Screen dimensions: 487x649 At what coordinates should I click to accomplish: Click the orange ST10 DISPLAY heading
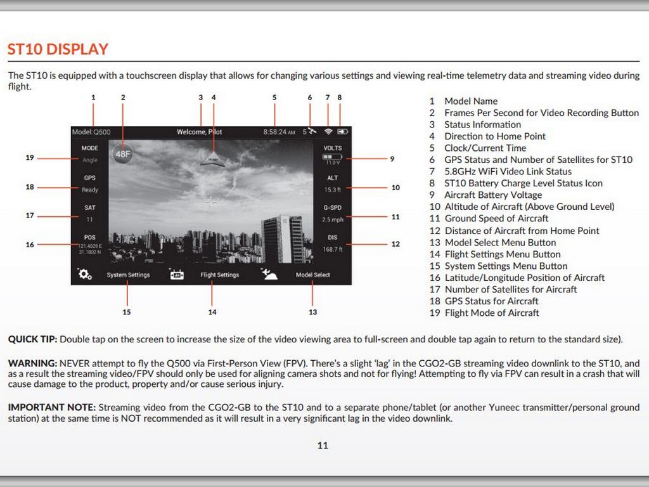(58, 49)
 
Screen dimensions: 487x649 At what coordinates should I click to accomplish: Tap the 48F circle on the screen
(123, 153)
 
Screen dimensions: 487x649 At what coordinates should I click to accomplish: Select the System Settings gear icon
(84, 275)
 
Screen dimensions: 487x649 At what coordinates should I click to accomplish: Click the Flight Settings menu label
(220, 275)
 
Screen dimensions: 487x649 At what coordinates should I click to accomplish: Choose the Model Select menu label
(313, 275)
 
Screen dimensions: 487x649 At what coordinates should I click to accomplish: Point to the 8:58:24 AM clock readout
(279, 132)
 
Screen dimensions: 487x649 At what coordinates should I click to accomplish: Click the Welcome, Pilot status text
(199, 132)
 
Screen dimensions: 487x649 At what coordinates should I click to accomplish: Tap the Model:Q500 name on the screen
(91, 132)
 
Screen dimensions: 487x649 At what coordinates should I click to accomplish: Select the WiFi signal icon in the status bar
(328, 132)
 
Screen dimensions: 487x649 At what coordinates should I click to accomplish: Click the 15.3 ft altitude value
(333, 190)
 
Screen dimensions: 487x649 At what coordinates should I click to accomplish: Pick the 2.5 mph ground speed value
(333, 219)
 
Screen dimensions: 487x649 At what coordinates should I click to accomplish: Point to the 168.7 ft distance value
(333, 249)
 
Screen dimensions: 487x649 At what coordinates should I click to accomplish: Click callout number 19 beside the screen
(30, 158)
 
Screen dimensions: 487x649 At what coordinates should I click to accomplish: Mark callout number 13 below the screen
(312, 312)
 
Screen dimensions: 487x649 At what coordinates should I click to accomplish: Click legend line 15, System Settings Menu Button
(499, 266)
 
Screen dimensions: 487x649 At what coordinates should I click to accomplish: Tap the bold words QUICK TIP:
(32, 339)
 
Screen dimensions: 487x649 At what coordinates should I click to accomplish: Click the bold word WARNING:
(32, 363)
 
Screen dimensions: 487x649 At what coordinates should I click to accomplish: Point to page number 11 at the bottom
(323, 445)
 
